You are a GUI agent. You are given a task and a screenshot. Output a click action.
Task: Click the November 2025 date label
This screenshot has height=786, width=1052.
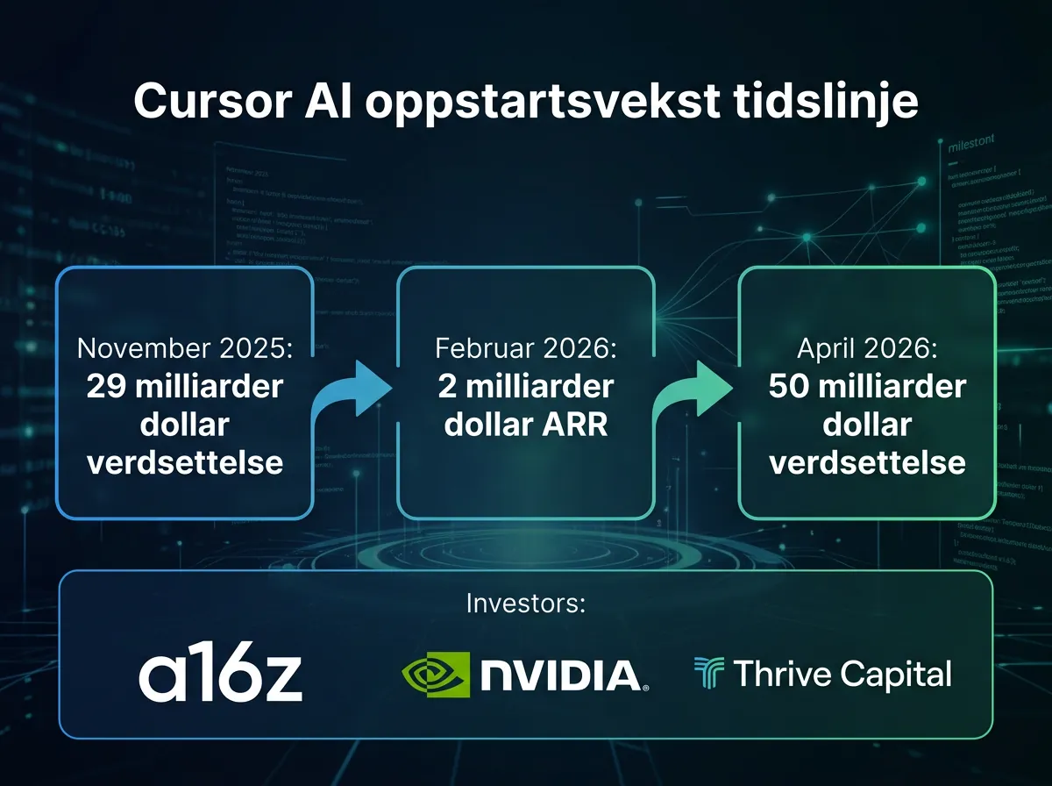185,348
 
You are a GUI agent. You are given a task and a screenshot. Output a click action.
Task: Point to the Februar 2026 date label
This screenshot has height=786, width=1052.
526,348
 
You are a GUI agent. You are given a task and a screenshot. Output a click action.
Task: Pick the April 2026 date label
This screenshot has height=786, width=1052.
867,348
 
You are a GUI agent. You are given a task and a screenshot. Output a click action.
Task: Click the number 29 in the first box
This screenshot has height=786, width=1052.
106,387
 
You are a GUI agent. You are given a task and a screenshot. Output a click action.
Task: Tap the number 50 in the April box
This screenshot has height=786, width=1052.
788,387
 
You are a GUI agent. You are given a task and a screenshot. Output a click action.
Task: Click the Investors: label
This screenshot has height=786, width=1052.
525,604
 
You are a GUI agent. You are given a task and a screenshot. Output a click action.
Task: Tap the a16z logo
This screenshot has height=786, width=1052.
221,675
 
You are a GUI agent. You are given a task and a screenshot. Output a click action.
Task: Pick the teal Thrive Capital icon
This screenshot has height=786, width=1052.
707,674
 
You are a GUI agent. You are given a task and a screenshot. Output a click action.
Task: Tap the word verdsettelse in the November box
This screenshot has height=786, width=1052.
185,462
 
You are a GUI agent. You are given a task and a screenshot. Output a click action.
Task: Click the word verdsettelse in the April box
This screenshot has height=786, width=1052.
867,462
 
